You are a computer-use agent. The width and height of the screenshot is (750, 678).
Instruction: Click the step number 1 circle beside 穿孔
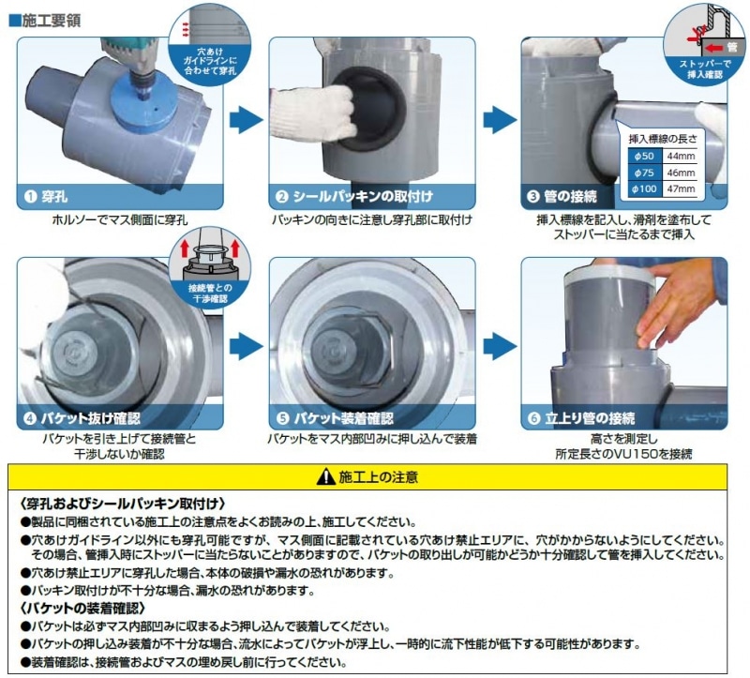tap(30, 197)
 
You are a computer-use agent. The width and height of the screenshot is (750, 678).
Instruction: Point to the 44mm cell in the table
tap(681, 156)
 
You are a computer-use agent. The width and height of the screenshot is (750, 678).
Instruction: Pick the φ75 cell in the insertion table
tap(644, 173)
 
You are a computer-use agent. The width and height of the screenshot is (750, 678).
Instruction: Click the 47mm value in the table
tap(681, 189)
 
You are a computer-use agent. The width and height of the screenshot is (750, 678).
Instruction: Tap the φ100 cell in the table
tap(644, 189)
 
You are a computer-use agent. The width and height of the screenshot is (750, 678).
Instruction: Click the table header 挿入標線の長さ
tap(663, 139)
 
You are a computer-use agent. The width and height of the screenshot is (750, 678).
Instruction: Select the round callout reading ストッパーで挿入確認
tap(705, 44)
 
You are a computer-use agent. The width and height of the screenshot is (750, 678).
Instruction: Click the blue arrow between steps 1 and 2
tap(246, 120)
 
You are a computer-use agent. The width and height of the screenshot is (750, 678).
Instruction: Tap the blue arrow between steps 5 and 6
tap(500, 346)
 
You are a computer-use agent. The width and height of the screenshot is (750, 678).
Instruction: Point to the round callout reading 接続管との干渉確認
tap(209, 268)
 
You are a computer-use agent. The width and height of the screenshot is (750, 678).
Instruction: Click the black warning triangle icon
tap(325, 476)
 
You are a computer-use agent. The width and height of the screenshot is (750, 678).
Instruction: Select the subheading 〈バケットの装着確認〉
tap(82, 609)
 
